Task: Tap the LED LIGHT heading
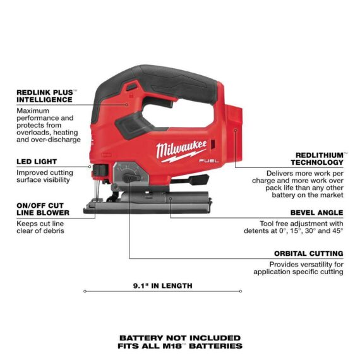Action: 37,162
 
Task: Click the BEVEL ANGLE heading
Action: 316,213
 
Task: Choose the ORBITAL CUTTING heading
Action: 309,254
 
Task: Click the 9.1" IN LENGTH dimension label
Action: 162,285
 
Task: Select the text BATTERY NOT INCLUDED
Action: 179,338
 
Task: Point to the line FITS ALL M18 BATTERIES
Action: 179,346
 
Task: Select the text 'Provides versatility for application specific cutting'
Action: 298,268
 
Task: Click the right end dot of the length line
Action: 241,291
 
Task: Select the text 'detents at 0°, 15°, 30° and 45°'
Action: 294,231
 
